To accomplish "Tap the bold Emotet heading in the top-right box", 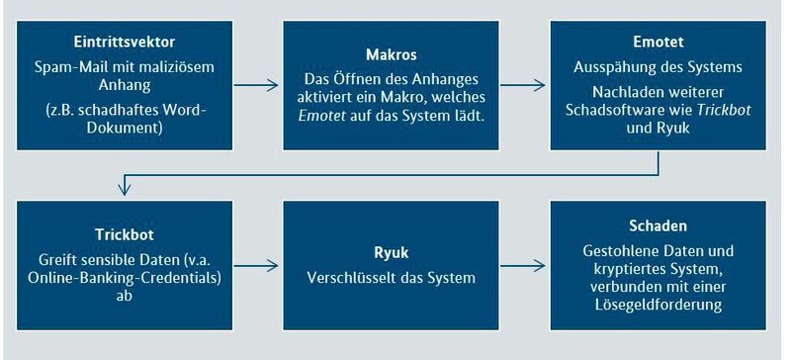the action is point(658,45).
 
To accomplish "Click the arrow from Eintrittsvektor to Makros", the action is point(260,86).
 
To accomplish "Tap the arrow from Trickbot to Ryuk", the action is point(260,266).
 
